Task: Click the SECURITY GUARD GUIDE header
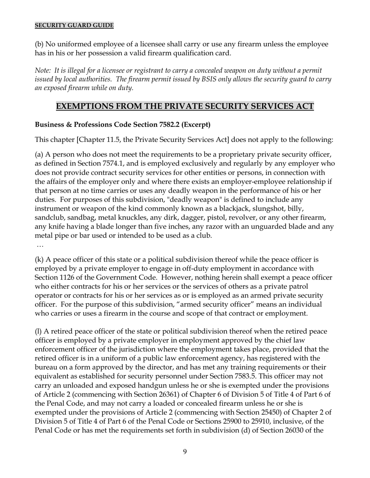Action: [x=74, y=26]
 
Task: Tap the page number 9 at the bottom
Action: [x=185, y=451]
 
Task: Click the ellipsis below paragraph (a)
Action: [x=40, y=246]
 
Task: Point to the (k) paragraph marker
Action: [x=39, y=260]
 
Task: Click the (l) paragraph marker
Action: [x=38, y=331]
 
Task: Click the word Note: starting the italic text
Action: [x=43, y=70]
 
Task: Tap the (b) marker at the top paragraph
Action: [x=39, y=44]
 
